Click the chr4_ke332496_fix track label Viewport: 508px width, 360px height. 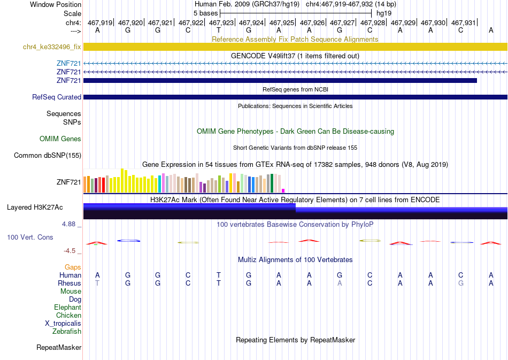52,47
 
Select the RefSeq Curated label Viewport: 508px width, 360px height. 57,97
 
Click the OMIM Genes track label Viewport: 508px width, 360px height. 60,139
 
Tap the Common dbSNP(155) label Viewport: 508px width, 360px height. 48,156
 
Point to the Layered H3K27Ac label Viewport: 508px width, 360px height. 35,208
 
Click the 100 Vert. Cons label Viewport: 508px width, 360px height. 30,237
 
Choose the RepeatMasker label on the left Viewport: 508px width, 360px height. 59,347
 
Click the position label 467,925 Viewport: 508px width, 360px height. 282,22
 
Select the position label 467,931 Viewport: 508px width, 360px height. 464,22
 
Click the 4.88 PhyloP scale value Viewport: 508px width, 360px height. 68,224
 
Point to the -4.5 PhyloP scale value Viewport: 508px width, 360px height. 70,251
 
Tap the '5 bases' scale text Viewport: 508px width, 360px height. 206,13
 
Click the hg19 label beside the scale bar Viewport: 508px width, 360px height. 384,13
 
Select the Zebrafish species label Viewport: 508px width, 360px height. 67,331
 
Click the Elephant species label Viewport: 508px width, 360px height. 68,307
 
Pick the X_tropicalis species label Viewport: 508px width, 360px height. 63,324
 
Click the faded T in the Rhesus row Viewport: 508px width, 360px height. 97,283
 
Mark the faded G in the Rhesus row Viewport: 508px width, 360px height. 461,283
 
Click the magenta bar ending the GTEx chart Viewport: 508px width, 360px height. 283,191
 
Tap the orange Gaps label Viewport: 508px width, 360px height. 73,267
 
